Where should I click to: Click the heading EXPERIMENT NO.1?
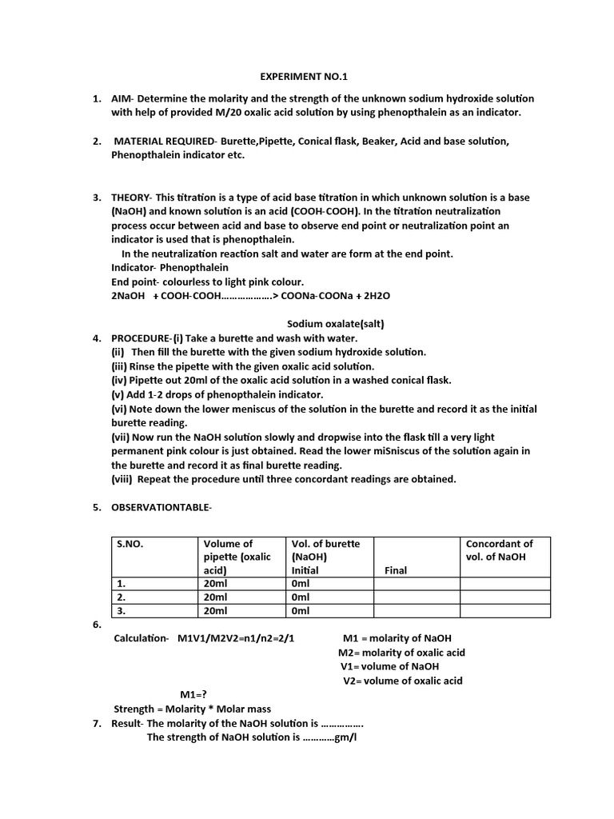click(x=305, y=77)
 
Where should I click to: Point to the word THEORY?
click(x=131, y=198)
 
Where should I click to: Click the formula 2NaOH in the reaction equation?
click(x=128, y=296)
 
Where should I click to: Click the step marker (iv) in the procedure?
click(x=120, y=380)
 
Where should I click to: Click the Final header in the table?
click(x=396, y=571)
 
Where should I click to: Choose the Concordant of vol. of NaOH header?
click(x=499, y=550)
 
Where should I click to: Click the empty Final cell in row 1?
click(x=416, y=584)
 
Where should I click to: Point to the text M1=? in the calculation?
click(x=193, y=694)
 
